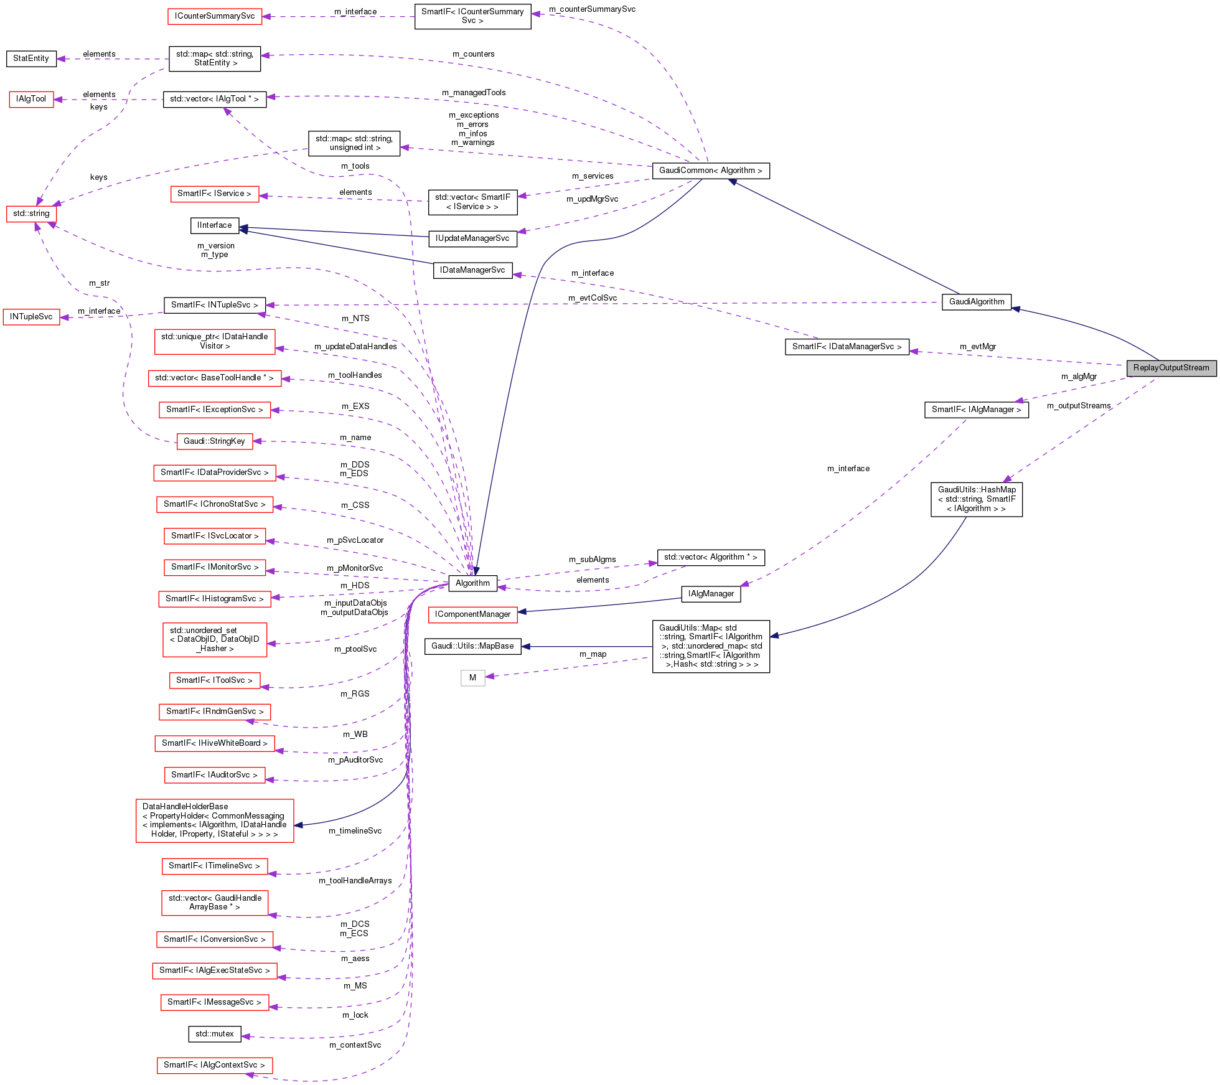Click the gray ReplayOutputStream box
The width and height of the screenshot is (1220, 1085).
(x=1171, y=368)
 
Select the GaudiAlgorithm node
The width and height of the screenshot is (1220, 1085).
(x=976, y=302)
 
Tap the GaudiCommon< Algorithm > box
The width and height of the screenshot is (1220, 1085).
(x=710, y=171)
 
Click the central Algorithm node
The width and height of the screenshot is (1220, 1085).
(x=472, y=583)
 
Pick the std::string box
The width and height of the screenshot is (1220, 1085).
(x=31, y=214)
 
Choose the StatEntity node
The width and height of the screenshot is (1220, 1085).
(x=31, y=59)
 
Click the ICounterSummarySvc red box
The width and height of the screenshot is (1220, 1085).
(x=215, y=16)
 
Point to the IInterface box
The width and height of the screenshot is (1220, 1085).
(x=214, y=225)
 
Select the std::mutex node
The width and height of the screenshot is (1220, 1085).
(x=214, y=1034)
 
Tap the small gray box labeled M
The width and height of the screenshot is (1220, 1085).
(x=472, y=678)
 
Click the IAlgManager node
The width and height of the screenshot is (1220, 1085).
(x=711, y=594)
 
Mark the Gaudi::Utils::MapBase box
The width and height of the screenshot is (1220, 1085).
(x=472, y=646)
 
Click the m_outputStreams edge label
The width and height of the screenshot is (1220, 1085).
(x=1079, y=406)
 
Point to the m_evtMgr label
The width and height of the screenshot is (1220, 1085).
(x=977, y=347)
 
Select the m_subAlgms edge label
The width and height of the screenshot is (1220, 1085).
(x=592, y=560)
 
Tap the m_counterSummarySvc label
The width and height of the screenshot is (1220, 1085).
(x=592, y=9)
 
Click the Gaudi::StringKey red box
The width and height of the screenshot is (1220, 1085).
(x=214, y=441)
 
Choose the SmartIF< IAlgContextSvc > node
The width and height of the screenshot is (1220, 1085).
(x=214, y=1065)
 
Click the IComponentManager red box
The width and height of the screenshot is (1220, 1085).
(x=472, y=614)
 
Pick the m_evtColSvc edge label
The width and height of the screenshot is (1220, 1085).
(x=592, y=298)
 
